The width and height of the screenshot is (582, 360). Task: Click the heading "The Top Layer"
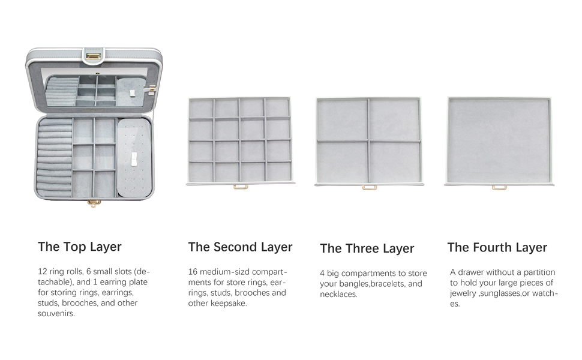click(79, 247)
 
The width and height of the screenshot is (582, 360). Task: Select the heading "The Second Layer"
click(240, 247)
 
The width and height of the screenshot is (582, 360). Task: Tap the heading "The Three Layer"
click(367, 248)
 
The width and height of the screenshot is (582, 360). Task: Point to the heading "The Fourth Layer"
click(497, 248)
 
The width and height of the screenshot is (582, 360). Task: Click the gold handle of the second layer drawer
click(241, 187)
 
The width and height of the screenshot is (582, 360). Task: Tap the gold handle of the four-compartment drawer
click(370, 187)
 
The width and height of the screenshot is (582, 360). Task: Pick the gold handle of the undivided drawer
click(499, 187)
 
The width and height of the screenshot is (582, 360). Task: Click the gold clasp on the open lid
click(94, 56)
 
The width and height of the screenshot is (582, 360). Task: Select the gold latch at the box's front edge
click(94, 203)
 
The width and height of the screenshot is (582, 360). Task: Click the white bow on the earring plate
click(134, 158)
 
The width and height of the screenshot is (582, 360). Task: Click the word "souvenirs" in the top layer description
click(56, 314)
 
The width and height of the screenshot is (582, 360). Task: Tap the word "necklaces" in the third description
click(338, 295)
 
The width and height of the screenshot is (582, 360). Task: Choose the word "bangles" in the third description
click(355, 284)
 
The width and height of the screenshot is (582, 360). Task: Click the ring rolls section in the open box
click(55, 158)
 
